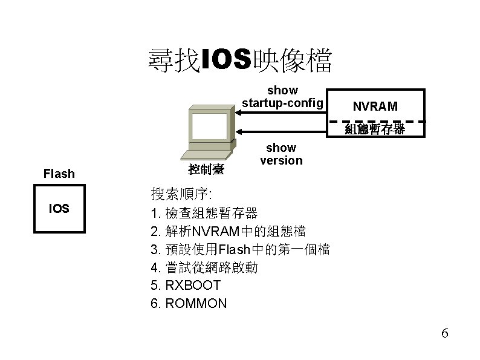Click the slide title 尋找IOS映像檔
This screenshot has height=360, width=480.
[x=239, y=61]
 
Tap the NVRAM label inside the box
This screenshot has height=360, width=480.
[x=375, y=106]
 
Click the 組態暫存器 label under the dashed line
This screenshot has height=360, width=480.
[x=375, y=129]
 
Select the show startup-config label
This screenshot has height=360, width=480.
[x=282, y=97]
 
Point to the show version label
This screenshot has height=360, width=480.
[x=281, y=154]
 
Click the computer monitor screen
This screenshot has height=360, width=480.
[x=209, y=127]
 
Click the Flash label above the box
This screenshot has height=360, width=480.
[x=59, y=174]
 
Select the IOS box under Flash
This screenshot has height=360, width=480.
[x=59, y=209]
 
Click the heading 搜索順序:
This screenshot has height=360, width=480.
[x=180, y=194]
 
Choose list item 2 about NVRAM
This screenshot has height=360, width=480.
[x=228, y=231]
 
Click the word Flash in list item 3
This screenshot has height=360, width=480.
[x=233, y=249]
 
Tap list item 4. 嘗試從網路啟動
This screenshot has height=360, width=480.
[x=204, y=267]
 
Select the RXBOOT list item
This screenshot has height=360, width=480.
[x=186, y=285]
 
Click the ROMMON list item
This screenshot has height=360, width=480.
[x=189, y=303]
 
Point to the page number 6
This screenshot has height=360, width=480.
[x=445, y=333]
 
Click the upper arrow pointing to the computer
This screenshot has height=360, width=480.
[x=281, y=111]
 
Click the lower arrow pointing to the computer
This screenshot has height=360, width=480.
[x=281, y=131]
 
